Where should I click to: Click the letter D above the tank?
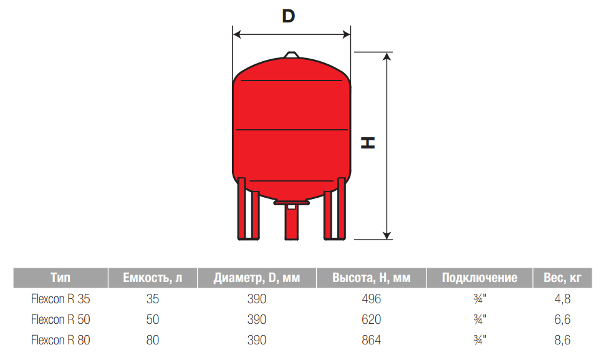(288, 16)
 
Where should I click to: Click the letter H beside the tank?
(368, 142)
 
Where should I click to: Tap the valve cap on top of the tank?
(292, 55)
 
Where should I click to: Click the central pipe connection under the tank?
(291, 220)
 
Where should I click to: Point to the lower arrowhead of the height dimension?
(387, 235)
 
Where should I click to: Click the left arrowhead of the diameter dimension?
(238, 34)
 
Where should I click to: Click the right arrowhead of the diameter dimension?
(346, 34)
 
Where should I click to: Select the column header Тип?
(60, 278)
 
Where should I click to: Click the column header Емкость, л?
(153, 278)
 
